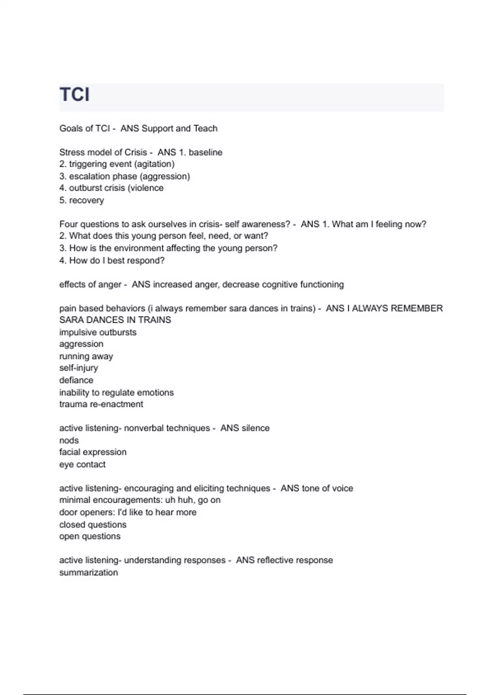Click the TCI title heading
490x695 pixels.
pyautogui.click(x=74, y=94)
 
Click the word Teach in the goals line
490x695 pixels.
pyautogui.click(x=205, y=128)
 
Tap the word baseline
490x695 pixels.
pyautogui.click(x=205, y=152)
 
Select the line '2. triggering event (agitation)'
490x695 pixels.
pyautogui.click(x=117, y=164)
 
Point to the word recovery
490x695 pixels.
pyautogui.click(x=87, y=200)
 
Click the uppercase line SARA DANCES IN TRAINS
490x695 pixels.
pyautogui.click(x=115, y=320)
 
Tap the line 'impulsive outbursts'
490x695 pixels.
pyautogui.click(x=98, y=332)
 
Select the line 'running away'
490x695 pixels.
pyautogui.click(x=86, y=356)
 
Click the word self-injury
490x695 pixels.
pyautogui.click(x=78, y=368)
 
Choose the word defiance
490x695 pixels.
pyautogui.click(x=76, y=380)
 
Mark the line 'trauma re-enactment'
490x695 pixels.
pyautogui.click(x=101, y=404)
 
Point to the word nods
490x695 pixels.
pyautogui.click(x=69, y=440)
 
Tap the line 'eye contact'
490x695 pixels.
pyautogui.click(x=82, y=464)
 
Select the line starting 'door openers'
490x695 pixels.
pyautogui.click(x=127, y=512)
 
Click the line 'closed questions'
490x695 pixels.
pyautogui.click(x=93, y=525)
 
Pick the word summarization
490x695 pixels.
pyautogui.click(x=88, y=572)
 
